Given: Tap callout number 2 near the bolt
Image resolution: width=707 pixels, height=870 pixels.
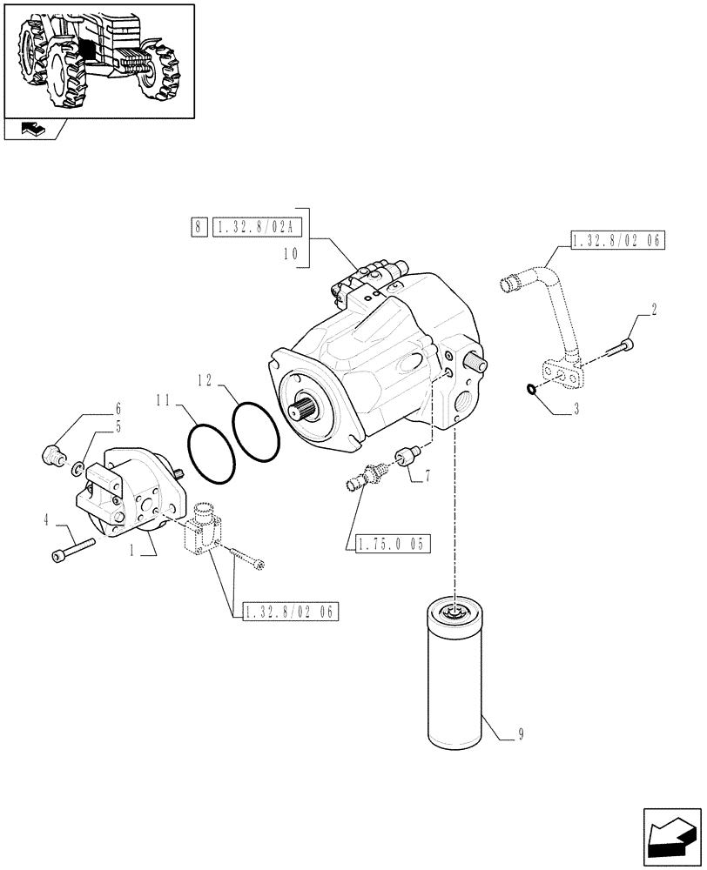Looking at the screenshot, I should (653, 309).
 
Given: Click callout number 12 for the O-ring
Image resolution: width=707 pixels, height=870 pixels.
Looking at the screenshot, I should (205, 380).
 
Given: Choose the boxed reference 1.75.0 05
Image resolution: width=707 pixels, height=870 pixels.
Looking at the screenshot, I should (392, 545).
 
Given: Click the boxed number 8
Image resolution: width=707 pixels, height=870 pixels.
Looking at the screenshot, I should (198, 228).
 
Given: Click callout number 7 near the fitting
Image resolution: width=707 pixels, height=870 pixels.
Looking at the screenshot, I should (428, 476).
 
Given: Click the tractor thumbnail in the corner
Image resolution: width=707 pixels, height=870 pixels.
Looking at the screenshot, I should (98, 59).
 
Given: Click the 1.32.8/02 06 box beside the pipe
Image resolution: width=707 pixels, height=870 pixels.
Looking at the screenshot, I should (617, 242).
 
